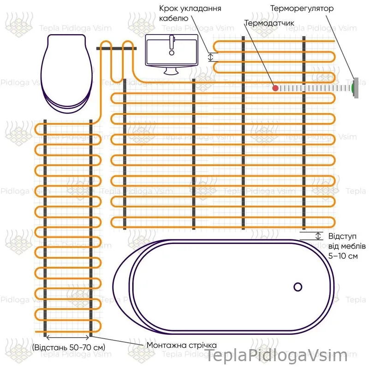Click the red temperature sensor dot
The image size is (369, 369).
275,88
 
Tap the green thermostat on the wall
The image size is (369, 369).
353,88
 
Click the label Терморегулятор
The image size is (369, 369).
302,8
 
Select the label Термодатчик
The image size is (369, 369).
269,23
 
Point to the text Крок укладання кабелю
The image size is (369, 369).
190,13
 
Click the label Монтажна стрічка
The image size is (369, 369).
181,345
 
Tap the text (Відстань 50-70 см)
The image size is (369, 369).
69,347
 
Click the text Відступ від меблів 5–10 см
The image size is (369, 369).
347,246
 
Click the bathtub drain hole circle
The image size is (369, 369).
298,287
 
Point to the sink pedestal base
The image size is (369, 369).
171,71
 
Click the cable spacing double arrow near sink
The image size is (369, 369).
211,57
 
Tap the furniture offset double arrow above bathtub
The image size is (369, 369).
318,236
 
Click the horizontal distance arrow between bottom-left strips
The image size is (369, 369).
68,338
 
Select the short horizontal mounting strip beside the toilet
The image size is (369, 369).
116,48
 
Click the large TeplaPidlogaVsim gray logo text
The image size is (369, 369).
276,355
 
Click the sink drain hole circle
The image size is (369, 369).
172,53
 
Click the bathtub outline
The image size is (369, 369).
224,287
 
